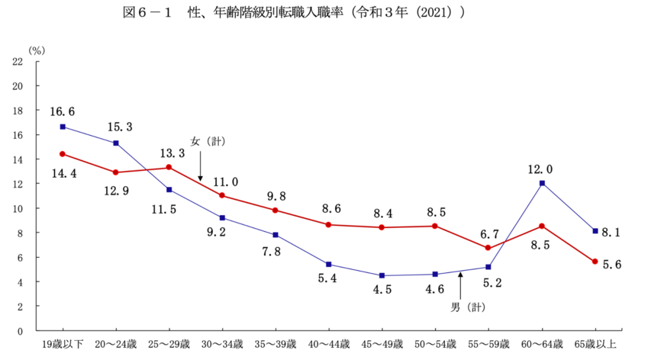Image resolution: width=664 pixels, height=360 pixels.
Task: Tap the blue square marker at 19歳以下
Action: point(63,127)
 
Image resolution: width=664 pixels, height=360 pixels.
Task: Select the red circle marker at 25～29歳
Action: point(169,167)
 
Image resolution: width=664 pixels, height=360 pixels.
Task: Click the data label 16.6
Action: point(63,111)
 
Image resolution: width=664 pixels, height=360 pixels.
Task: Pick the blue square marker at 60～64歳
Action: point(541,183)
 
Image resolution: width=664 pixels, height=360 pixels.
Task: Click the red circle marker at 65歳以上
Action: point(595,262)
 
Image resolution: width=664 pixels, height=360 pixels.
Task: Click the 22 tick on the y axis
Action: point(18,61)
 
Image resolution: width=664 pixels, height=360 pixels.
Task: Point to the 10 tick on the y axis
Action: point(18,208)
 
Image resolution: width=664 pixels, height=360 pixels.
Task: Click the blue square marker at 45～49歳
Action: point(382,275)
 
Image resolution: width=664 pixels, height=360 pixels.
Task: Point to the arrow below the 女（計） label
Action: point(201,166)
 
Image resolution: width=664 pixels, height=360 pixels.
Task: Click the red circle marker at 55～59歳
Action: point(488,248)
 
